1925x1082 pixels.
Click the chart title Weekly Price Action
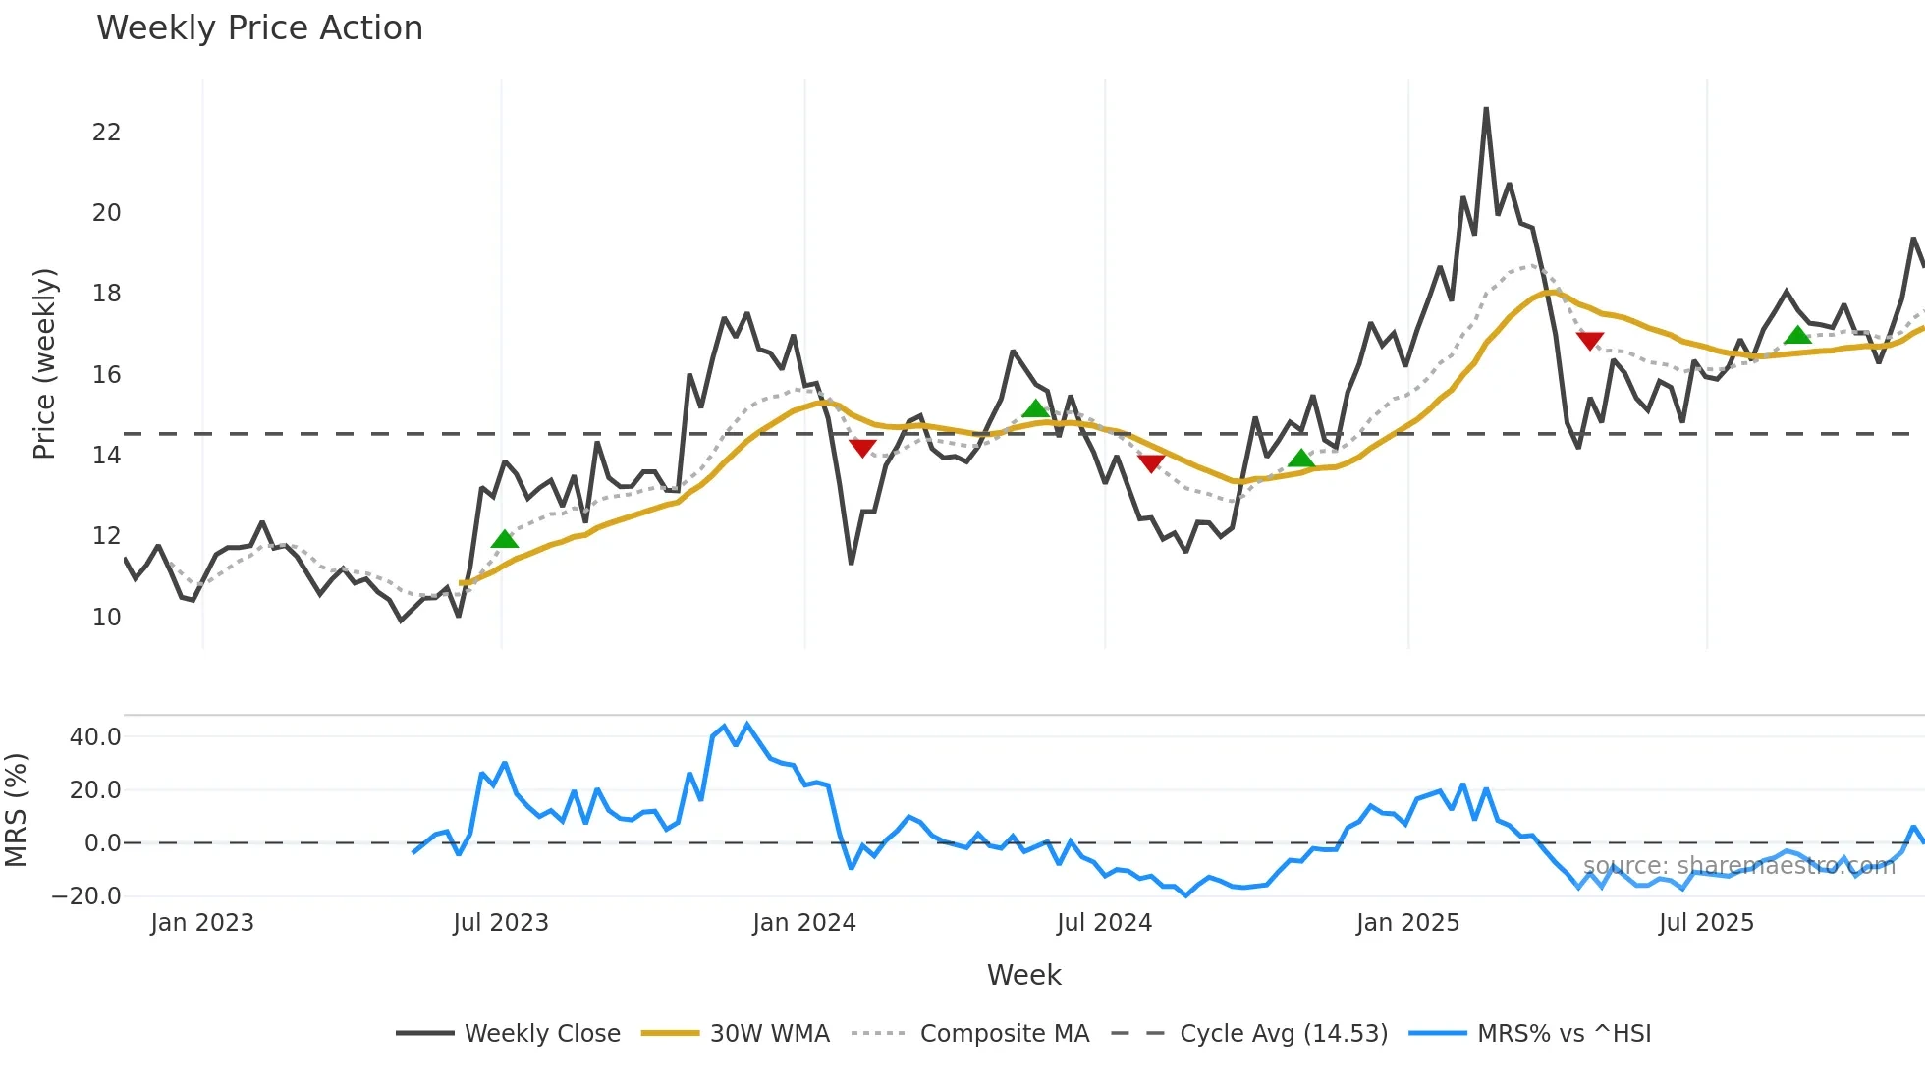click(x=259, y=27)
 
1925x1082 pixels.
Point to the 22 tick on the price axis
click(x=106, y=133)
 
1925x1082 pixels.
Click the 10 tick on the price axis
click(x=106, y=617)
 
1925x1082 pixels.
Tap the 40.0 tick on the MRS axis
click(x=95, y=736)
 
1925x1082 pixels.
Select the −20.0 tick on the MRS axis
click(x=86, y=895)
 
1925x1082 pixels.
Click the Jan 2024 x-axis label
click(x=804, y=923)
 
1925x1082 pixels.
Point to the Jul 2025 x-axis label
click(x=1706, y=923)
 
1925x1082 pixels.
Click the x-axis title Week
click(x=1023, y=975)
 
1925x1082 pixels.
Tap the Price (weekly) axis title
click(x=44, y=363)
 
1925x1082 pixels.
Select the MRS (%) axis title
click(x=16, y=810)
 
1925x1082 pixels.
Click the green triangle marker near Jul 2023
click(x=504, y=539)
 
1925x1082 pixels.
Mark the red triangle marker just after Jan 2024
click(x=862, y=448)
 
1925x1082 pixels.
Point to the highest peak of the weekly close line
click(x=1486, y=109)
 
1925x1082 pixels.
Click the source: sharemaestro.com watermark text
click(x=1738, y=865)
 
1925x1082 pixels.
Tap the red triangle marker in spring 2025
click(x=1590, y=341)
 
